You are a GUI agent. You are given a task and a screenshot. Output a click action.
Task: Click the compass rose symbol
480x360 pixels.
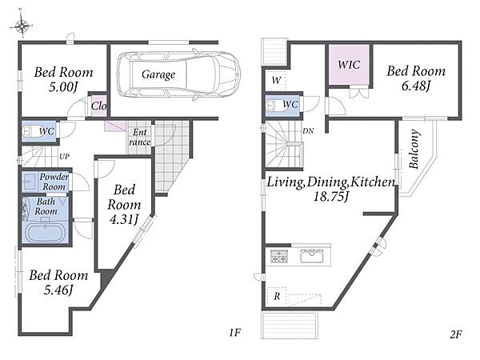click(x=21, y=25)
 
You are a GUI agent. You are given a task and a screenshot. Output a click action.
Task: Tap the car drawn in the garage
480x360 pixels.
click(x=178, y=74)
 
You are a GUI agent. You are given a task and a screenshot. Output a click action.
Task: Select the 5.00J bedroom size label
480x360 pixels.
click(x=63, y=87)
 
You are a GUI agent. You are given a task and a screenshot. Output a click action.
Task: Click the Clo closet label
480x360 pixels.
click(x=99, y=106)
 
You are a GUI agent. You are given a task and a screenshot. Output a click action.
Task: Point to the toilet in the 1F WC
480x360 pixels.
click(x=30, y=132)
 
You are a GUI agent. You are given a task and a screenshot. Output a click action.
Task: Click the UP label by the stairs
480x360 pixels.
click(x=64, y=157)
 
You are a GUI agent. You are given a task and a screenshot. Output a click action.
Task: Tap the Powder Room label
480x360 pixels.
click(x=54, y=182)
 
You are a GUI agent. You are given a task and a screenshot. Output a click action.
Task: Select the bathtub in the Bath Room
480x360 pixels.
click(x=46, y=232)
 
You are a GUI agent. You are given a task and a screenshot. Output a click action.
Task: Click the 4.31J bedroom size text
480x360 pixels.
click(x=124, y=219)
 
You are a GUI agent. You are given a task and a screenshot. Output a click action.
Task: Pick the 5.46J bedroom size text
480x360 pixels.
click(x=58, y=290)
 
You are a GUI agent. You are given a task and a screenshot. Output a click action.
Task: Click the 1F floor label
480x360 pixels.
click(x=235, y=332)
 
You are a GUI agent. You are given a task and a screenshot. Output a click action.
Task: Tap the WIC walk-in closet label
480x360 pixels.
click(x=349, y=65)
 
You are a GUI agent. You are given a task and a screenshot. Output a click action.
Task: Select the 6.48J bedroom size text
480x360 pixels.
click(x=416, y=86)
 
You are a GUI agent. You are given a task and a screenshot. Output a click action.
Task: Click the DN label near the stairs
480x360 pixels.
click(x=308, y=130)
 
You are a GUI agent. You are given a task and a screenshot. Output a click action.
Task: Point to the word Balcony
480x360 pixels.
click(x=414, y=149)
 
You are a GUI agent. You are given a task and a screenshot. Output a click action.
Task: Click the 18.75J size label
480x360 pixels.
click(x=331, y=197)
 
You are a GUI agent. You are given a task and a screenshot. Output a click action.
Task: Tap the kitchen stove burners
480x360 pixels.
click(x=279, y=256)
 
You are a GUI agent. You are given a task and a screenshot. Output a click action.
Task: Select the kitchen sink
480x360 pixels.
click(x=312, y=256)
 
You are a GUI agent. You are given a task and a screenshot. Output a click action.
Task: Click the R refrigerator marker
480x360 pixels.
click(x=277, y=296)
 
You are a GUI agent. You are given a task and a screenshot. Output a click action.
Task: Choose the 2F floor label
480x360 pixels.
click(x=455, y=334)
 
